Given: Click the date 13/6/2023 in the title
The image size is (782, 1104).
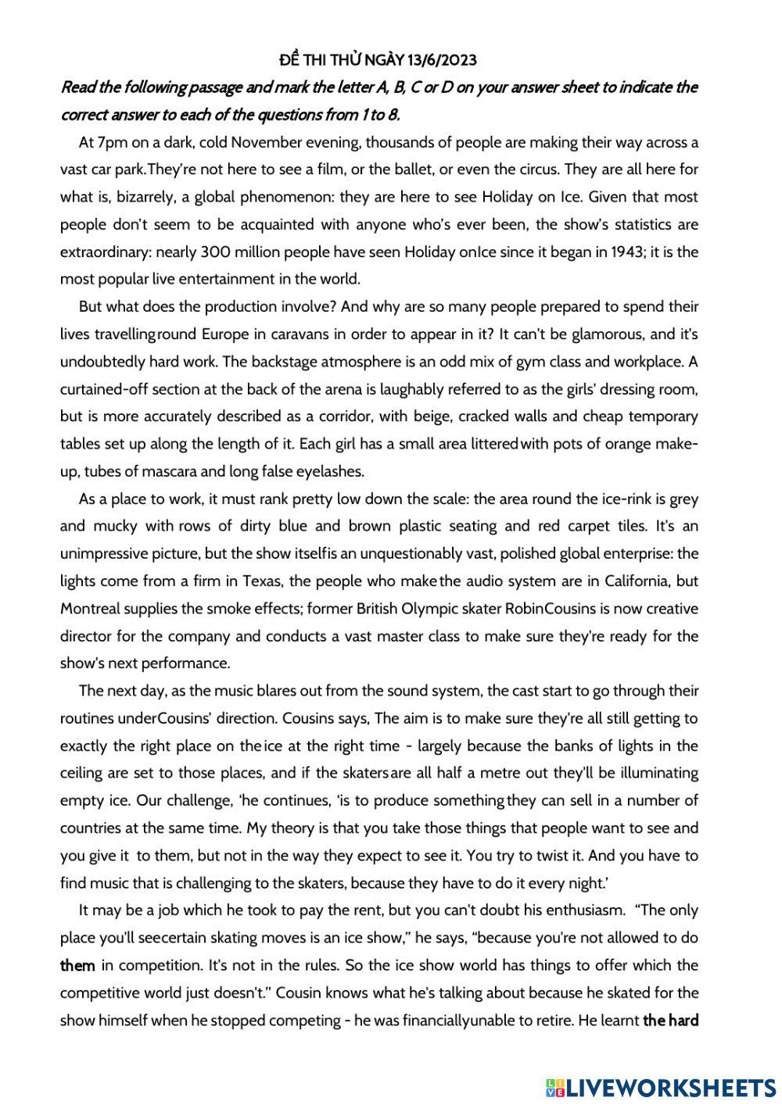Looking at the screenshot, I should [x=442, y=59].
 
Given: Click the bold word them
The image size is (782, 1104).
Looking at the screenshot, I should [x=77, y=966].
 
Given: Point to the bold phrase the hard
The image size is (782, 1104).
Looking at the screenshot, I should [x=670, y=1020].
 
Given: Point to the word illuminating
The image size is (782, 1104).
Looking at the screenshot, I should [x=659, y=774].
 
